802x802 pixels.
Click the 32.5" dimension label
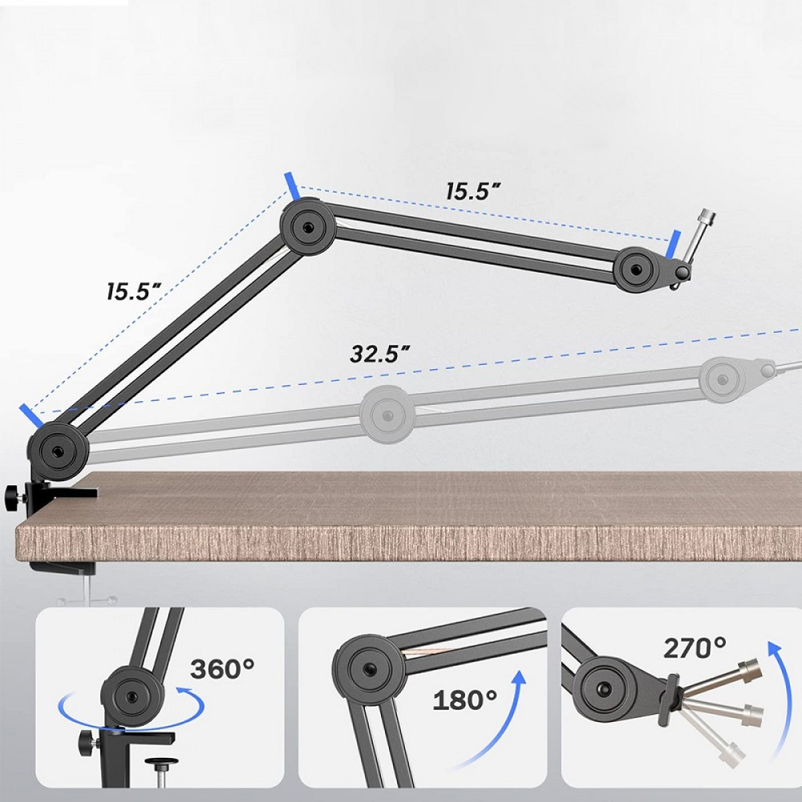point(379,354)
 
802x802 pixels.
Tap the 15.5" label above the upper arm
point(472,192)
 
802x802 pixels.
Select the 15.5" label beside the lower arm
point(134,291)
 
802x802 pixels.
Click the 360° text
point(222,669)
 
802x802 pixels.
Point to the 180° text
point(465,699)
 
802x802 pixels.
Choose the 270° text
point(695,648)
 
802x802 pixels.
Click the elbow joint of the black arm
point(307,226)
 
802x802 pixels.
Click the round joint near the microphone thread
point(637,269)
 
